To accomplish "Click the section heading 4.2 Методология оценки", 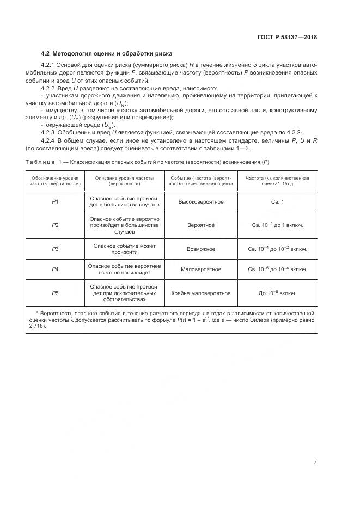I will pos(107,54).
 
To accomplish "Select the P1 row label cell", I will pos(55,202).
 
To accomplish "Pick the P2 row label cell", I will pos(55,225).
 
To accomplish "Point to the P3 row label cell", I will pos(55,249).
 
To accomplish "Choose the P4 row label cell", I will pos(55,269).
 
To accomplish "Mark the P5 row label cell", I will pos(55,293).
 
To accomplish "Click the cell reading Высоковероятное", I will pos(200,202).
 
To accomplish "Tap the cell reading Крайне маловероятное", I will pos(200,293).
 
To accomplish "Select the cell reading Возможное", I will pos(200,249).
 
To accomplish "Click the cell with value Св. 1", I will pos(277,202).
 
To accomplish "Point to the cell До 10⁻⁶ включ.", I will pos(277,293).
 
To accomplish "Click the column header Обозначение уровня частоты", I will pos(55,181).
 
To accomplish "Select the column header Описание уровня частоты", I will pos(124,181).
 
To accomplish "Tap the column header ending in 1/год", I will pos(277,181).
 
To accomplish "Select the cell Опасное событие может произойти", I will pos(124,249).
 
